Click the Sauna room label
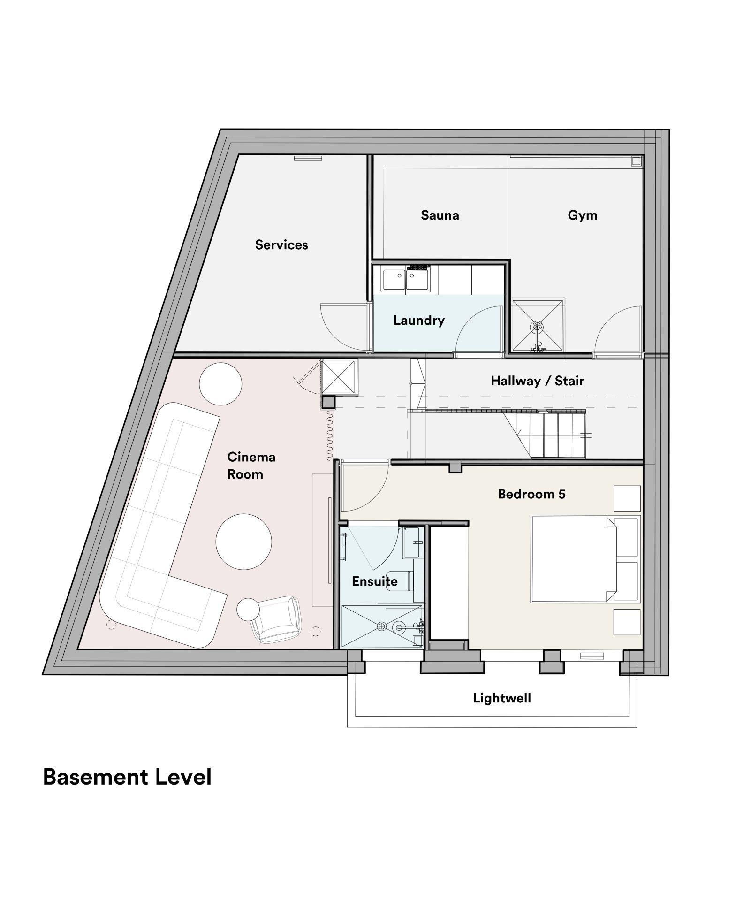coord(440,215)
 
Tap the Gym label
coord(582,215)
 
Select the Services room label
coord(281,244)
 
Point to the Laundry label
coord(419,321)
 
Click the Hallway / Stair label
coord(537,381)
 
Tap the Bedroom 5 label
coord(531,494)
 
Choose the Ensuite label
coord(374,581)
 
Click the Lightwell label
coord(501,698)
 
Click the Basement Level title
coord(127,777)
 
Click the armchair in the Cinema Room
coord(275,619)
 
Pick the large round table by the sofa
coord(243,542)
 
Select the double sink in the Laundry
coord(406,280)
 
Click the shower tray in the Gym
coord(537,325)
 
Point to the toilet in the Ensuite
coord(402,581)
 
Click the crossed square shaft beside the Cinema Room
coord(339,376)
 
